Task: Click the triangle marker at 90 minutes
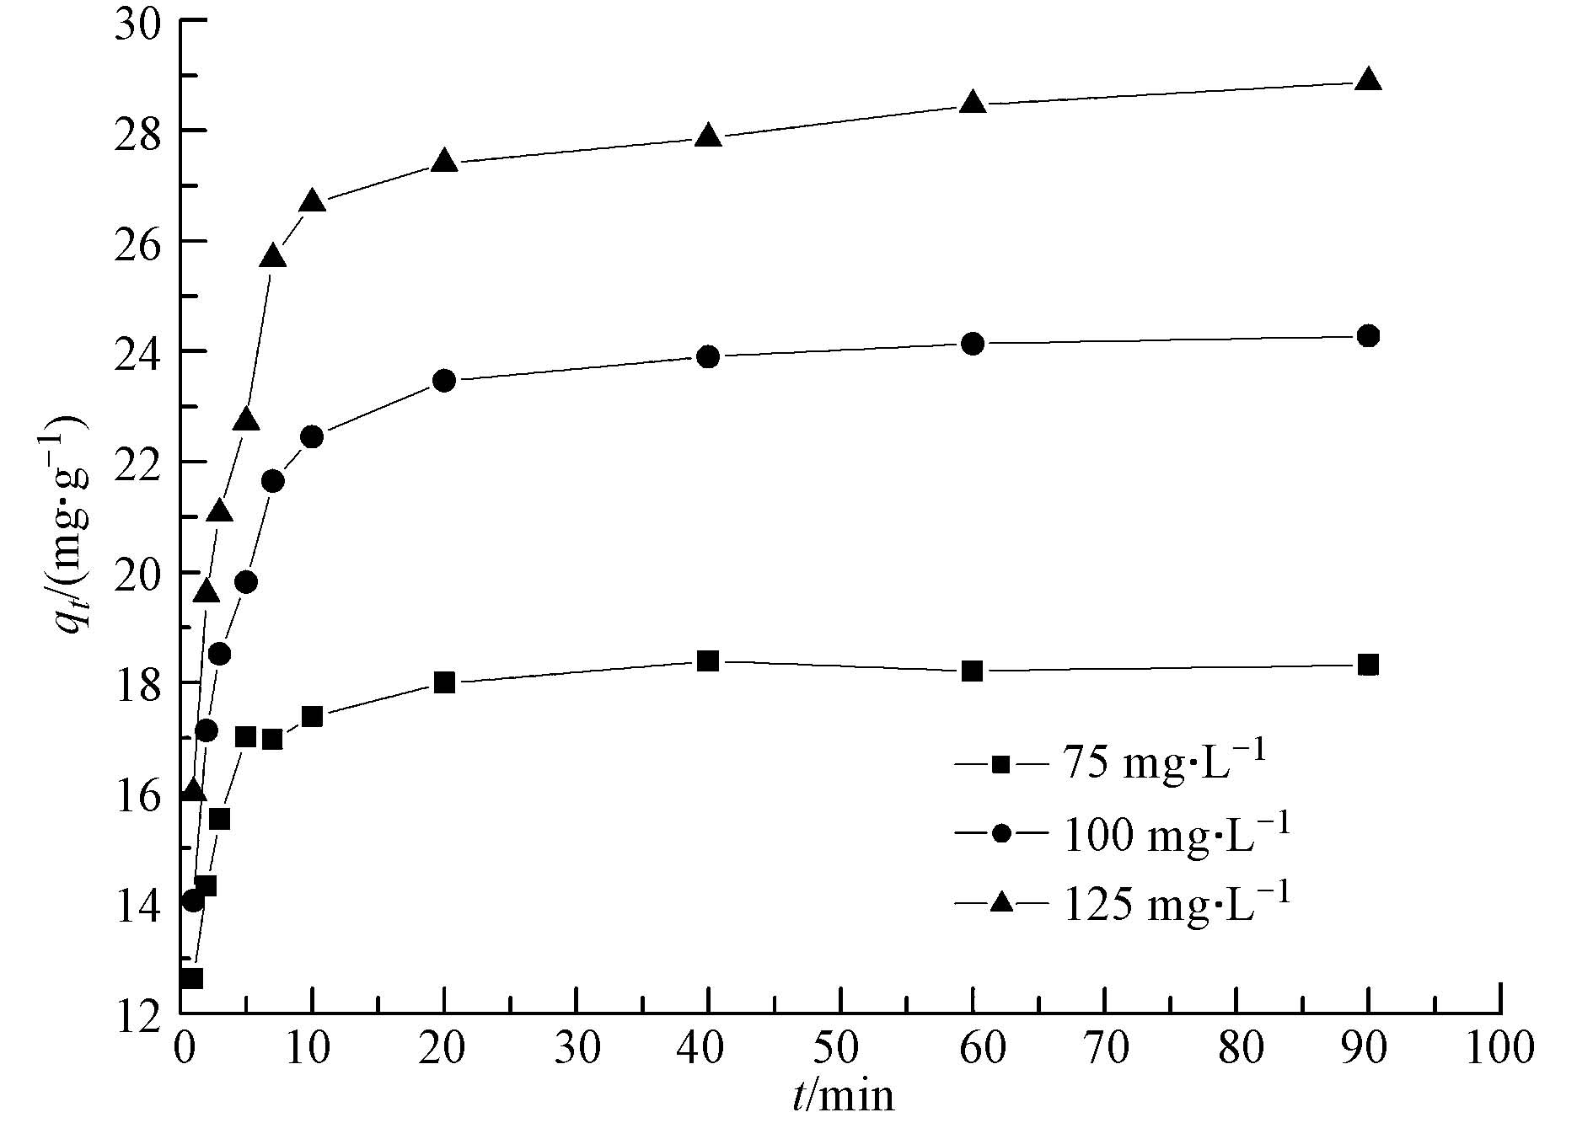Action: (x=1369, y=81)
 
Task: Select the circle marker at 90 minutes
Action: (x=1369, y=336)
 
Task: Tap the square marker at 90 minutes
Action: (x=1369, y=665)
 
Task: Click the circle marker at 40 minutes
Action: (x=708, y=356)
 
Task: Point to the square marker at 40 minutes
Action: (x=708, y=660)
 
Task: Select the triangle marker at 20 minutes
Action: (x=444, y=162)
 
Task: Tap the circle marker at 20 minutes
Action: (x=444, y=381)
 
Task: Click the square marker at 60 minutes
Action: (x=973, y=671)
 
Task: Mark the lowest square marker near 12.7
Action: (x=193, y=978)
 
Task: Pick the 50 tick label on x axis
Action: (x=840, y=1050)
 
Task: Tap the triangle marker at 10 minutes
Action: (x=312, y=201)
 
